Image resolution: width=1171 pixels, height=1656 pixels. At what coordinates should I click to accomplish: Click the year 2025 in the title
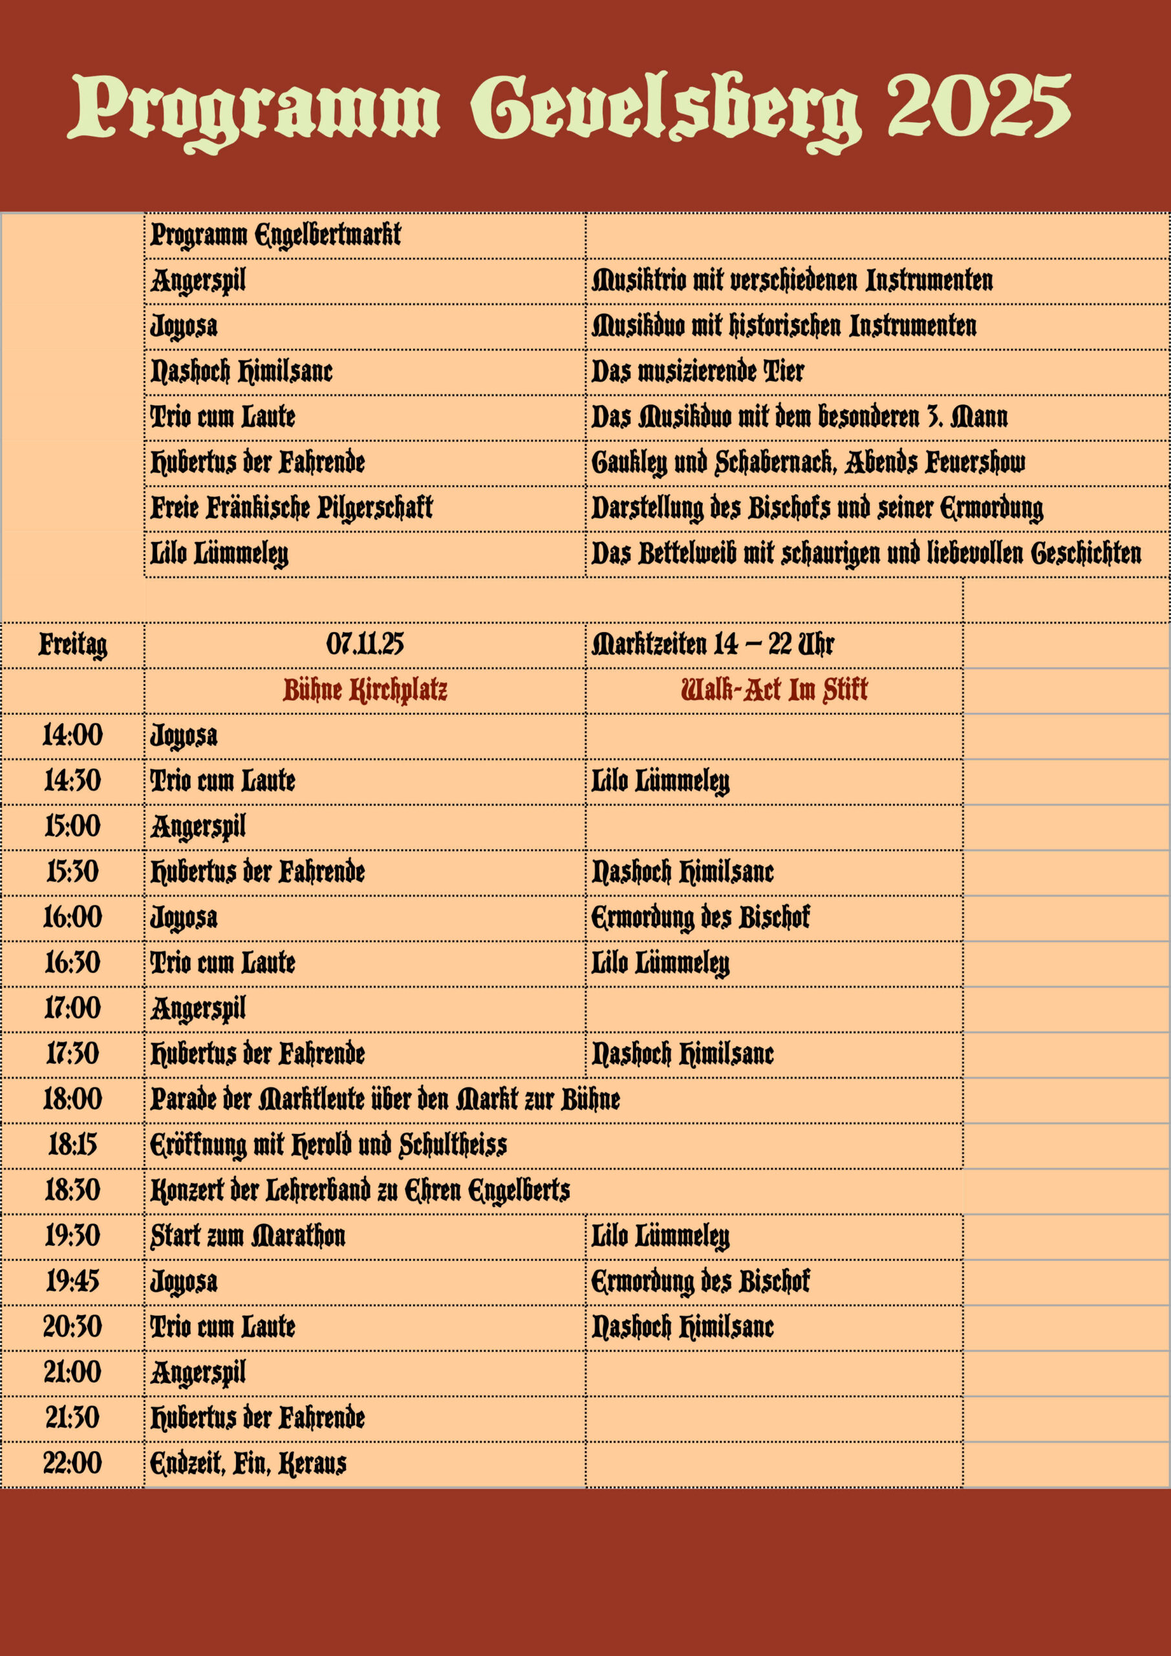[978, 107]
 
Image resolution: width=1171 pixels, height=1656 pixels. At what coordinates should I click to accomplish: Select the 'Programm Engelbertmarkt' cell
[275, 234]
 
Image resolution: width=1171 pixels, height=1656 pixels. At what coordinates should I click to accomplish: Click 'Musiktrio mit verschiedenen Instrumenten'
[791, 280]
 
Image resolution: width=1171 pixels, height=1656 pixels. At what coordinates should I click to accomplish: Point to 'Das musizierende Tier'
[697, 371]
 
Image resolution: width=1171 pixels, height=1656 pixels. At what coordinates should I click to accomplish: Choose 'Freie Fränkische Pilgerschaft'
[292, 507]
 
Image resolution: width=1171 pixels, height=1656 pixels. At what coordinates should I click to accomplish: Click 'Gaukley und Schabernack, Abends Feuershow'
[808, 462]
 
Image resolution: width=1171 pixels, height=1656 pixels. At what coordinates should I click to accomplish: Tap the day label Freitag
[73, 644]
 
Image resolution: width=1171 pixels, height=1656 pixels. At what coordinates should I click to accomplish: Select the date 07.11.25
[365, 644]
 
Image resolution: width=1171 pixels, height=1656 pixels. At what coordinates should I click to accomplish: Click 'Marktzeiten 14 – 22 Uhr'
[713, 644]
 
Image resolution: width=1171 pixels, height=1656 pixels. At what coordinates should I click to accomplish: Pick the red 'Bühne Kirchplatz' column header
[365, 690]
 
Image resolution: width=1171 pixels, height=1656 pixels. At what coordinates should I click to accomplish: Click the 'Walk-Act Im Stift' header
[774, 690]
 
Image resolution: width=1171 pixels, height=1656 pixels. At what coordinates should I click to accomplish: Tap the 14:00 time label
[73, 735]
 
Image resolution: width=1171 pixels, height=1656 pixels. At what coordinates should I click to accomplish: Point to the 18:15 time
[73, 1144]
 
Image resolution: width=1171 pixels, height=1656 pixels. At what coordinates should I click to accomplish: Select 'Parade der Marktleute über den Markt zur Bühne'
[385, 1099]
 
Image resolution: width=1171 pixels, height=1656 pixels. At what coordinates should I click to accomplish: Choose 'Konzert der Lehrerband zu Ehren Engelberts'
[360, 1190]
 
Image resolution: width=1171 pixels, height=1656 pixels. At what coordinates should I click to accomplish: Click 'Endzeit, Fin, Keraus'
[248, 1463]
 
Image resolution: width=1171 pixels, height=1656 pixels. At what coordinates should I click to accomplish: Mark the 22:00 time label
[73, 1463]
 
